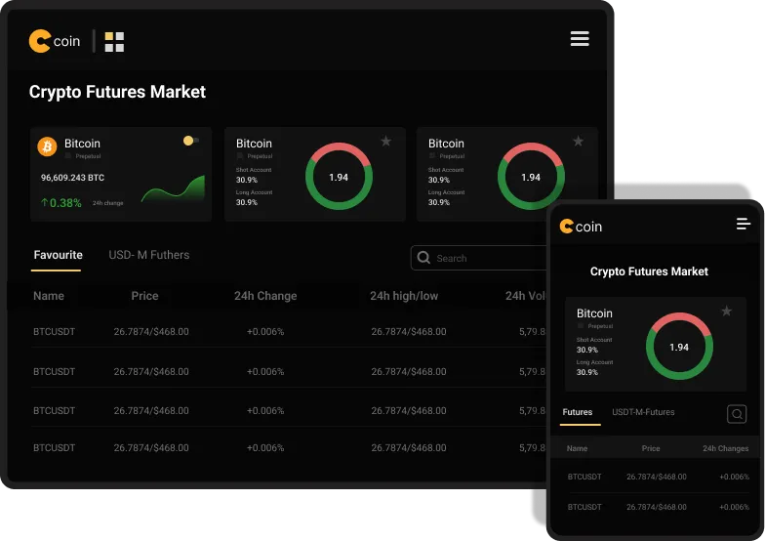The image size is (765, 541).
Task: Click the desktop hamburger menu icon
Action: coord(580,39)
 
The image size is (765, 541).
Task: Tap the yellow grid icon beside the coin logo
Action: coord(114,41)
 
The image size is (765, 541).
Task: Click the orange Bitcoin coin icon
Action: coord(47,146)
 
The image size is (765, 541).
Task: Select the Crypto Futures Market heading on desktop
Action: coord(117,92)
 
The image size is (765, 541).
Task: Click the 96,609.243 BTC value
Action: coord(72,178)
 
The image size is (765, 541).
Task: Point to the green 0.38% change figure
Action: coord(61,203)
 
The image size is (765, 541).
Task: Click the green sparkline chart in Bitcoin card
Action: coord(173,189)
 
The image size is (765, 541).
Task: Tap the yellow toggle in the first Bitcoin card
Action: coord(190,141)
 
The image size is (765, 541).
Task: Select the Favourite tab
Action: coord(58,255)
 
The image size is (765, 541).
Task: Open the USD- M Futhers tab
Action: coord(149,255)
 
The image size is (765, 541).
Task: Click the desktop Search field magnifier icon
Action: coord(423,258)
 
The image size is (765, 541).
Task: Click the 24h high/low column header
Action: coord(404,296)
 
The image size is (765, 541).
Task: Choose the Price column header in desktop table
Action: coord(144,296)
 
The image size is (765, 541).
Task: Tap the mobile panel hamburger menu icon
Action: coord(744,225)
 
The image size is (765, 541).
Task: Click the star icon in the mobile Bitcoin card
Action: coord(726,312)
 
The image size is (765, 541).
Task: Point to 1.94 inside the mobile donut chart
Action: coord(679,347)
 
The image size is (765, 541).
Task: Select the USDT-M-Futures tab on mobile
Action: coord(643,412)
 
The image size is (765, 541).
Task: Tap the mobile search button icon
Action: coord(737,414)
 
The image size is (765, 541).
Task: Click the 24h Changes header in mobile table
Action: coord(726,448)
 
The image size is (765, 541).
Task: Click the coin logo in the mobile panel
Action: coord(581,227)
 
